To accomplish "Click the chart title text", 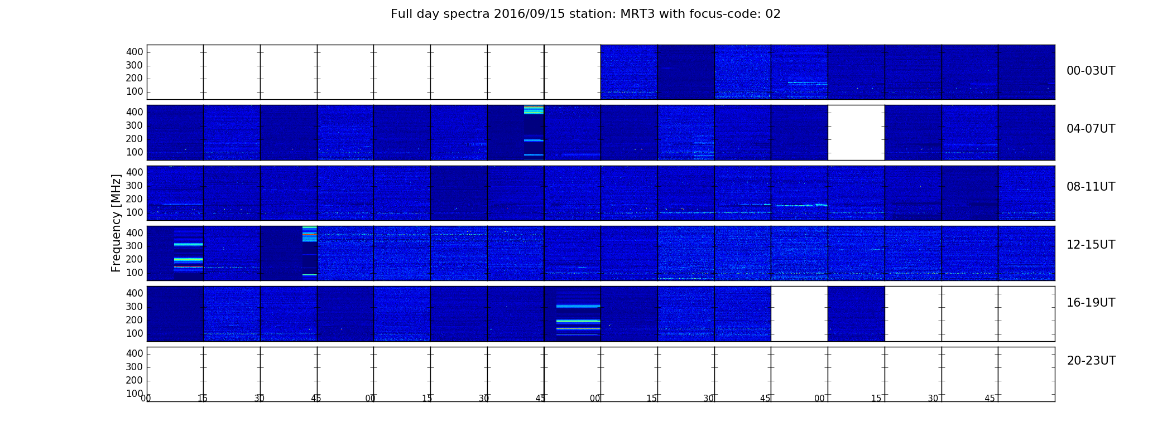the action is pyautogui.click(x=585, y=14).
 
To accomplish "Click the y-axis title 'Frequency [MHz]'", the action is pyautogui.click(x=116, y=223).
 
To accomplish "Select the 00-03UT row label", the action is pyautogui.click(x=1091, y=71).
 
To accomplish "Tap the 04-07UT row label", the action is pyautogui.click(x=1091, y=129).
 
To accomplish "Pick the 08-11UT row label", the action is pyautogui.click(x=1091, y=187).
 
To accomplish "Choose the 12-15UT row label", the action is pyautogui.click(x=1091, y=245).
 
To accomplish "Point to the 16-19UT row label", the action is pyautogui.click(x=1091, y=303).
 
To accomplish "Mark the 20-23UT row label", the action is pyautogui.click(x=1091, y=361).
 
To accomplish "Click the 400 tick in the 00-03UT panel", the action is pyautogui.click(x=135, y=52).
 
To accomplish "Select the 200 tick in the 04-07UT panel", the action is pyautogui.click(x=135, y=139).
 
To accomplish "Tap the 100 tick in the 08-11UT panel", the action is pyautogui.click(x=135, y=212).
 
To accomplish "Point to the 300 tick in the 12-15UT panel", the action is pyautogui.click(x=135, y=246).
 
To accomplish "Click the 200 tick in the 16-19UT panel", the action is pyautogui.click(x=135, y=320).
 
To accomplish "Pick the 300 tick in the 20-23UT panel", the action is pyautogui.click(x=135, y=367).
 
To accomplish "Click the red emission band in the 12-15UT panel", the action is pyautogui.click(x=189, y=267).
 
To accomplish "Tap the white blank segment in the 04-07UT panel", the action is pyautogui.click(x=856, y=133).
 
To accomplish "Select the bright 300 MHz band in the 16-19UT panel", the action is pyautogui.click(x=578, y=306).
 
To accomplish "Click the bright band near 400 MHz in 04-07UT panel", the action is pyautogui.click(x=534, y=110).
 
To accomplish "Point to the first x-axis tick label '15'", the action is pyautogui.click(x=203, y=399).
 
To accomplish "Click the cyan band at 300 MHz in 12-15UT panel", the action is pyautogui.click(x=189, y=244).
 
